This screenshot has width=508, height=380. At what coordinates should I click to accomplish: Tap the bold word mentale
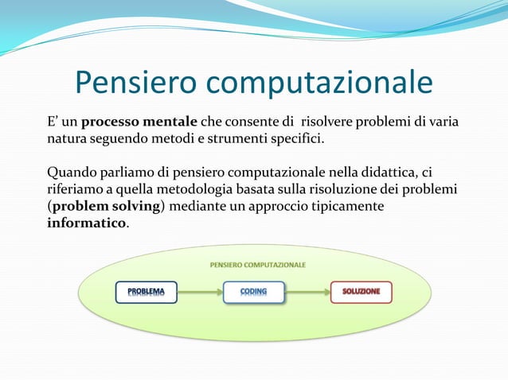pos(170,122)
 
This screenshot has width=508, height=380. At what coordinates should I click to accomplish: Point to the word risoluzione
pos(354,190)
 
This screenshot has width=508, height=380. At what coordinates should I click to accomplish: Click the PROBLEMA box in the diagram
pos(147,292)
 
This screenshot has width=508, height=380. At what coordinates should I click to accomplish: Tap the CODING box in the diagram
pos(253,292)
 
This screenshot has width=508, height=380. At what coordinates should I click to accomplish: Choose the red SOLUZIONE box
pos(361,292)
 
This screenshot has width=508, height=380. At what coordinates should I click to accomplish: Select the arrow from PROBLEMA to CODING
pos(200,292)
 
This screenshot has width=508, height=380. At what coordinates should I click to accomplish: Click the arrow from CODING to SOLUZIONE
pos(307,292)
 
